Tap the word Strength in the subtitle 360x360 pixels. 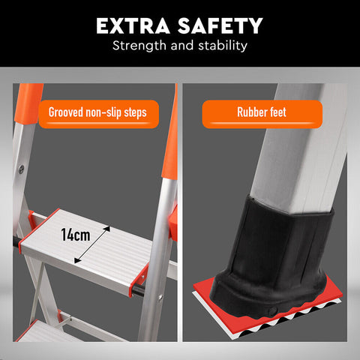pyautogui.click(x=138, y=46)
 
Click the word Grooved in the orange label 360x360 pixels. pyautogui.click(x=66, y=114)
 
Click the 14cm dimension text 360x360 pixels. pyautogui.click(x=75, y=235)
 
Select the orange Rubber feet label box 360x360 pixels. pyautogui.click(x=262, y=114)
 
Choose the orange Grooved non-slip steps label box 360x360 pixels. pyautogui.click(x=99, y=114)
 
